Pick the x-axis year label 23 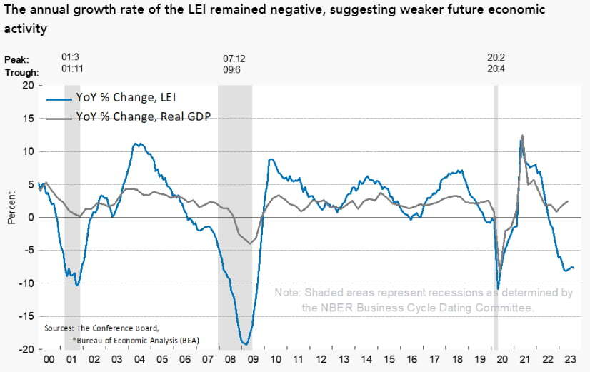tap(568, 362)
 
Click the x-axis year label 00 tap(48, 362)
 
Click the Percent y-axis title tap(11, 208)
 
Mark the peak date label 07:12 tap(234, 58)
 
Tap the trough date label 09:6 tap(234, 71)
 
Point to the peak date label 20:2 tap(496, 58)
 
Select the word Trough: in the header tap(22, 72)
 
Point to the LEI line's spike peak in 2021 tap(521, 140)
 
